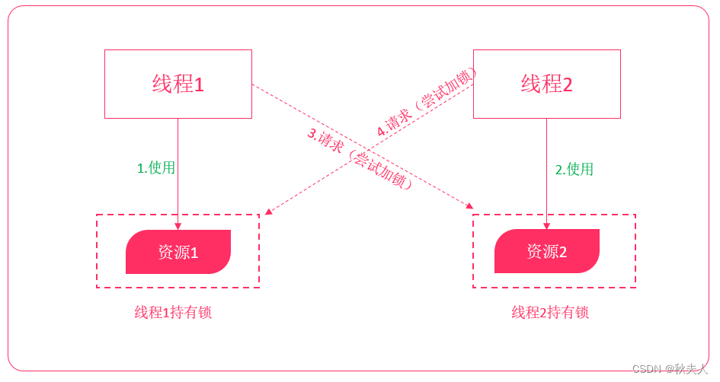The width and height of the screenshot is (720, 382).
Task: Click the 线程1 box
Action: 178,84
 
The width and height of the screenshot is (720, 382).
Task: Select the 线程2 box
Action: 546,84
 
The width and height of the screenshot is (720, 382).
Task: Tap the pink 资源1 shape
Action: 178,252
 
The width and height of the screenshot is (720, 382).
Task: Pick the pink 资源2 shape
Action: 546,252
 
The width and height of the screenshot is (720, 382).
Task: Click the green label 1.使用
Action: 156,168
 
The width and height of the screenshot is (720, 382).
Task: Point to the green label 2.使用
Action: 574,170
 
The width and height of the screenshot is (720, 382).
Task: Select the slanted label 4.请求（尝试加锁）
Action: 427,102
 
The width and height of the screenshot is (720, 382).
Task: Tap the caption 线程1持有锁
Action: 173,313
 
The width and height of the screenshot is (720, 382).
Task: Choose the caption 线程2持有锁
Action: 549,313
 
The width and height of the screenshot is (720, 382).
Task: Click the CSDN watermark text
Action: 670,369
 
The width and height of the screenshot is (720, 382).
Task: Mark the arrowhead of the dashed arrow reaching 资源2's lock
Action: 469,205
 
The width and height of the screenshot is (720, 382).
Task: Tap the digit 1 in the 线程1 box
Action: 199,84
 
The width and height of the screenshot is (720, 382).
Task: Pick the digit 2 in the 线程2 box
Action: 568,84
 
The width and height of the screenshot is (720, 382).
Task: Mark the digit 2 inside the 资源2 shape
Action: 563,253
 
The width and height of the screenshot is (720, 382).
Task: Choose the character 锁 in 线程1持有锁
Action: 204,313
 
